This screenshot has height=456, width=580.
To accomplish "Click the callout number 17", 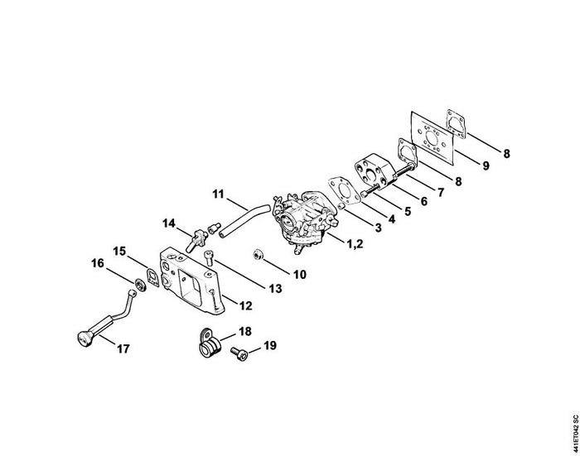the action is [123, 348].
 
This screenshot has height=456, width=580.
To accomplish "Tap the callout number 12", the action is [245, 305].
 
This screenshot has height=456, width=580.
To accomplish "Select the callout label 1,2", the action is [355, 243].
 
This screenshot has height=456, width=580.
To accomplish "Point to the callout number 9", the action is [486, 166].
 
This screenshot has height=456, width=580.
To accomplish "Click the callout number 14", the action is [169, 223].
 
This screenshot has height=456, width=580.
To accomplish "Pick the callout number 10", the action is [300, 275].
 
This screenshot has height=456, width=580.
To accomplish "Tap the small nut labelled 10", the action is [258, 255].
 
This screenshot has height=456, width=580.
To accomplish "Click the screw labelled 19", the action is [239, 353].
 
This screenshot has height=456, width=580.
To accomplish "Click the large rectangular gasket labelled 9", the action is [433, 137].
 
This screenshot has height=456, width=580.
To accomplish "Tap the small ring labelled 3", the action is [341, 205].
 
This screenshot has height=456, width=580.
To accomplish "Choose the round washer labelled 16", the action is [140, 285].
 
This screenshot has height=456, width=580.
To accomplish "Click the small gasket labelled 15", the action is [152, 276].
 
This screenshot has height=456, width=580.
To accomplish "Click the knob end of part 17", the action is [85, 338].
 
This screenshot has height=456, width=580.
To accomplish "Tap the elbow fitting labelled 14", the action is [197, 238].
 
